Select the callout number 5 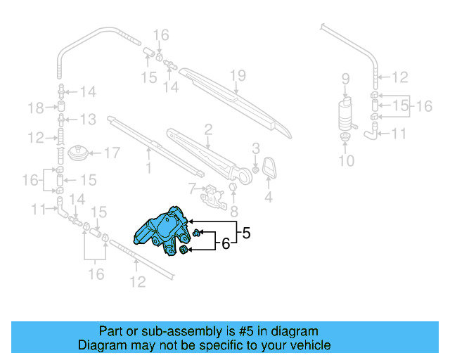point(245,231)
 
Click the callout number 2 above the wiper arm point(209,128)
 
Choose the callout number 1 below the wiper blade point(148,168)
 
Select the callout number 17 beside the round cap point(112,152)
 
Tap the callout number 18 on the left point(36,107)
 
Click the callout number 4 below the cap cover point(268,198)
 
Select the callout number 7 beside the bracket point(191,188)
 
